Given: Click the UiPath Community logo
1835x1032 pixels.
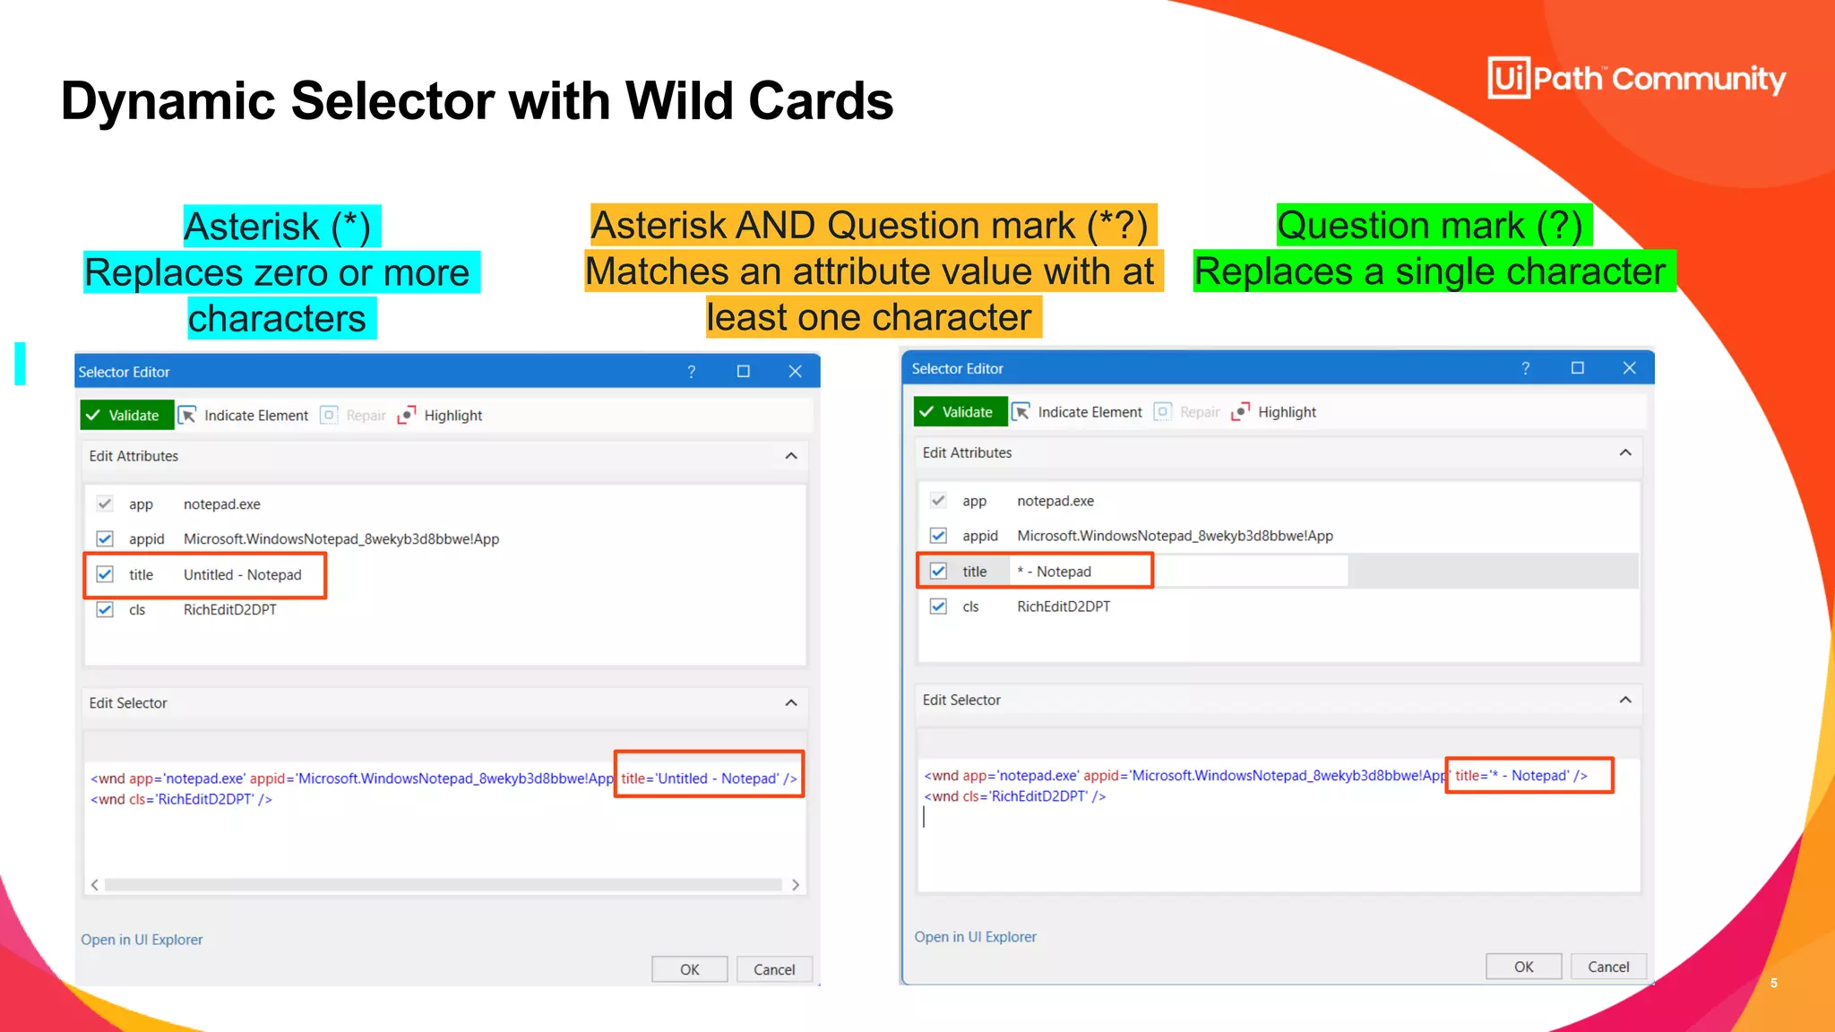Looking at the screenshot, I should (1635, 78).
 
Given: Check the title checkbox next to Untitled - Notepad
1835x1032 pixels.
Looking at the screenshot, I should (105, 574).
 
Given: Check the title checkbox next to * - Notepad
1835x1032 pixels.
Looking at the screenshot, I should (938, 571).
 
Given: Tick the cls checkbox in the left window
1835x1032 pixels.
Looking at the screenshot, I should (105, 609).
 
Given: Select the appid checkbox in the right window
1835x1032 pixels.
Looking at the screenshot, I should (938, 536).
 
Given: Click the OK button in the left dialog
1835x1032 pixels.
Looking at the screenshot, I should (689, 969).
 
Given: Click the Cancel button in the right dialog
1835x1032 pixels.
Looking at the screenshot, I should (1607, 967).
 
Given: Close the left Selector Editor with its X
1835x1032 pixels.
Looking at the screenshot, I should (795, 372).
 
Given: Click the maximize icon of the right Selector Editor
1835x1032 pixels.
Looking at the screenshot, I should (1577, 368).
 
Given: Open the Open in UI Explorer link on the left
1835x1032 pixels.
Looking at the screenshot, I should (142, 940).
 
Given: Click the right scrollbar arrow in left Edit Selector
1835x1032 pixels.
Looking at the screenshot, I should (795, 885).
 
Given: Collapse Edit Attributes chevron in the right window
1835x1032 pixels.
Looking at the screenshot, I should (1624, 452).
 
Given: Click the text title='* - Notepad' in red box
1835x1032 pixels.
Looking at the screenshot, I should (1521, 776).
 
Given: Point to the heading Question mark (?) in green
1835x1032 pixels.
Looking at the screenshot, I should (1431, 225).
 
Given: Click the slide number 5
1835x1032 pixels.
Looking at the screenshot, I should (1773, 983).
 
